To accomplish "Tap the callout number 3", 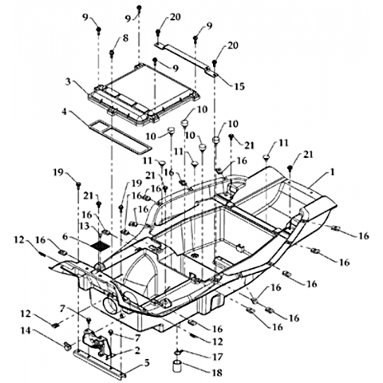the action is pyautogui.click(x=69, y=81).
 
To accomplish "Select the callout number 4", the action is pyautogui.click(x=64, y=111).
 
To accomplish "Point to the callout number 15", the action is pyautogui.click(x=239, y=86).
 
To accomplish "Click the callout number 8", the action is pyautogui.click(x=125, y=38).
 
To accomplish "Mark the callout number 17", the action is pyautogui.click(x=218, y=357).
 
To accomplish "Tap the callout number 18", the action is pyautogui.click(x=218, y=373).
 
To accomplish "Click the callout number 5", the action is pyautogui.click(x=147, y=362).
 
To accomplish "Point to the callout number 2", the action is pyautogui.click(x=137, y=350).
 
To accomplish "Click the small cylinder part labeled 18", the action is pyautogui.click(x=177, y=366).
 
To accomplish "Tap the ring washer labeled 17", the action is pyautogui.click(x=178, y=353).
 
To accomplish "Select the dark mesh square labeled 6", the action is pyautogui.click(x=100, y=245).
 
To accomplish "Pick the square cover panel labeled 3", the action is pyautogui.click(x=144, y=94).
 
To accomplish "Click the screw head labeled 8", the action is pyautogui.click(x=112, y=53).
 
